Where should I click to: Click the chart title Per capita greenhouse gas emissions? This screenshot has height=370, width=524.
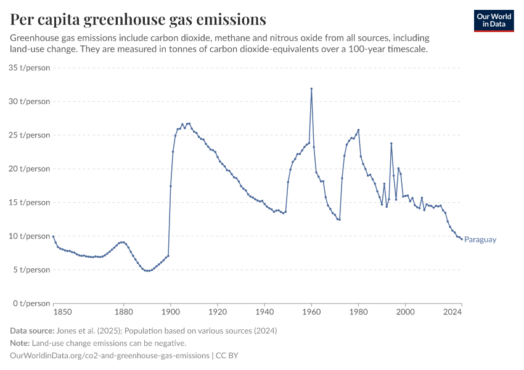[138, 20]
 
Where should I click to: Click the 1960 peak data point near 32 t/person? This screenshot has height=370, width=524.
[311, 88]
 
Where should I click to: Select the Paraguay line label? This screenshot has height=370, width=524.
[480, 240]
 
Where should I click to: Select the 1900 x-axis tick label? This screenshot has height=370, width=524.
[171, 313]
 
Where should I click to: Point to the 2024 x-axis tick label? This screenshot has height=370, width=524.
[452, 313]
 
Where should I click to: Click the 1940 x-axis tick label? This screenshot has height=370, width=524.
[264, 313]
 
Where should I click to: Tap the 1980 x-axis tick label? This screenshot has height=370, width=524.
[358, 313]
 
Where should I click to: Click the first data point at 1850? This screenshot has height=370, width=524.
[54, 236]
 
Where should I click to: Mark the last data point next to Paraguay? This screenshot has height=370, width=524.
[461, 239]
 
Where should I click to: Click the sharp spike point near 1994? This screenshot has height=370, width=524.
[391, 144]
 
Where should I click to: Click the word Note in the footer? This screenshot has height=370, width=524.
[21, 343]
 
